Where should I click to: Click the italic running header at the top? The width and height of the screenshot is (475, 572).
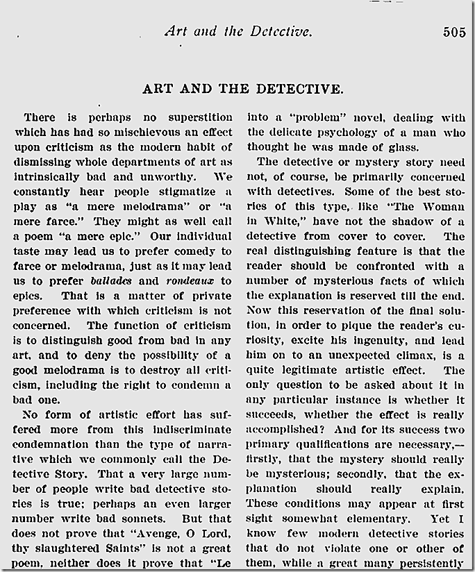238,31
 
